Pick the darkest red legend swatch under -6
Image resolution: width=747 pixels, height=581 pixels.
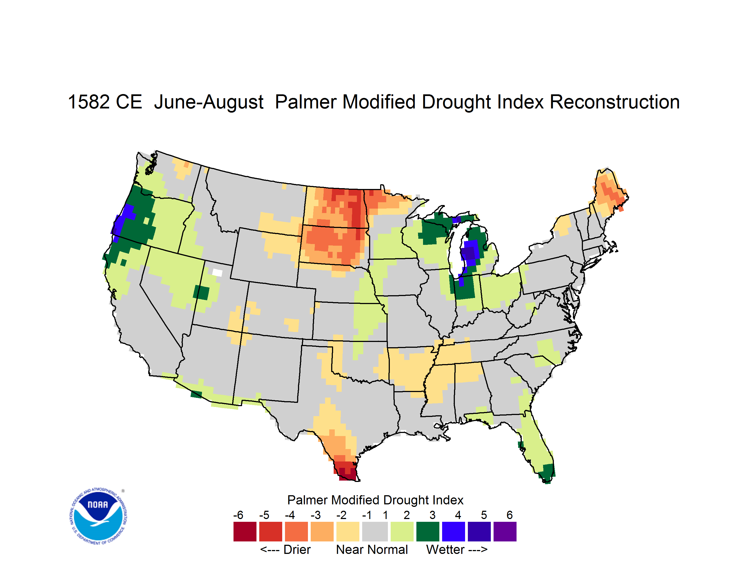(x=245, y=531)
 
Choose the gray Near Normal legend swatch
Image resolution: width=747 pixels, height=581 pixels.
(x=375, y=531)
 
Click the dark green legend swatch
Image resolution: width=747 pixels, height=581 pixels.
(x=427, y=531)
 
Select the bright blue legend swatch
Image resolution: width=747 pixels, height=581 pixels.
(x=453, y=531)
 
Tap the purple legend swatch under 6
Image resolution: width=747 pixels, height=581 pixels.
(x=505, y=531)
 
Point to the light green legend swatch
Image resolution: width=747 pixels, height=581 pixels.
(x=402, y=531)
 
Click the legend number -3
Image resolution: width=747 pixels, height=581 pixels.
(x=316, y=515)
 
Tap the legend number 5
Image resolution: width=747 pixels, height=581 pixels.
(x=484, y=515)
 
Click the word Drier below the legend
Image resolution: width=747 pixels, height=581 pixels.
(x=297, y=549)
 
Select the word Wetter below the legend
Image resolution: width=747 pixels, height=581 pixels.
(x=445, y=549)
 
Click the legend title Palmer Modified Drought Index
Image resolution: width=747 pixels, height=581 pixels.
(x=375, y=500)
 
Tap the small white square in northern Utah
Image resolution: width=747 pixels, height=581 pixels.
(x=217, y=273)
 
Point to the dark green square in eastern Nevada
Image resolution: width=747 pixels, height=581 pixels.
(x=201, y=293)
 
